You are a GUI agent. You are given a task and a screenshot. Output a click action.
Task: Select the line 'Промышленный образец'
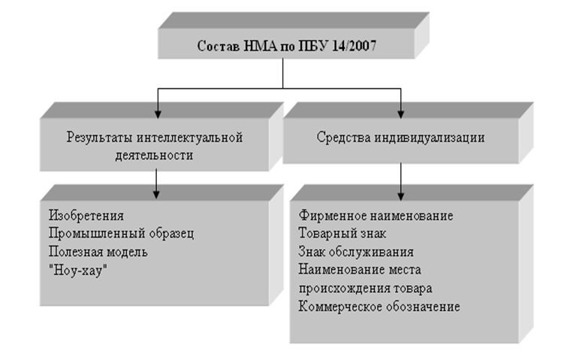[121, 233]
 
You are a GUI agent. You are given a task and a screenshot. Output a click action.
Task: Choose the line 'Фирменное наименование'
[375, 216]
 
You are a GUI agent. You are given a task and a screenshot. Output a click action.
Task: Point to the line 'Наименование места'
[359, 270]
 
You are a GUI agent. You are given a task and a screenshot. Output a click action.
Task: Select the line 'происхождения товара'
[365, 288]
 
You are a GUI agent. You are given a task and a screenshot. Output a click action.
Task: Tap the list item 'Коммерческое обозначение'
[379, 306]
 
